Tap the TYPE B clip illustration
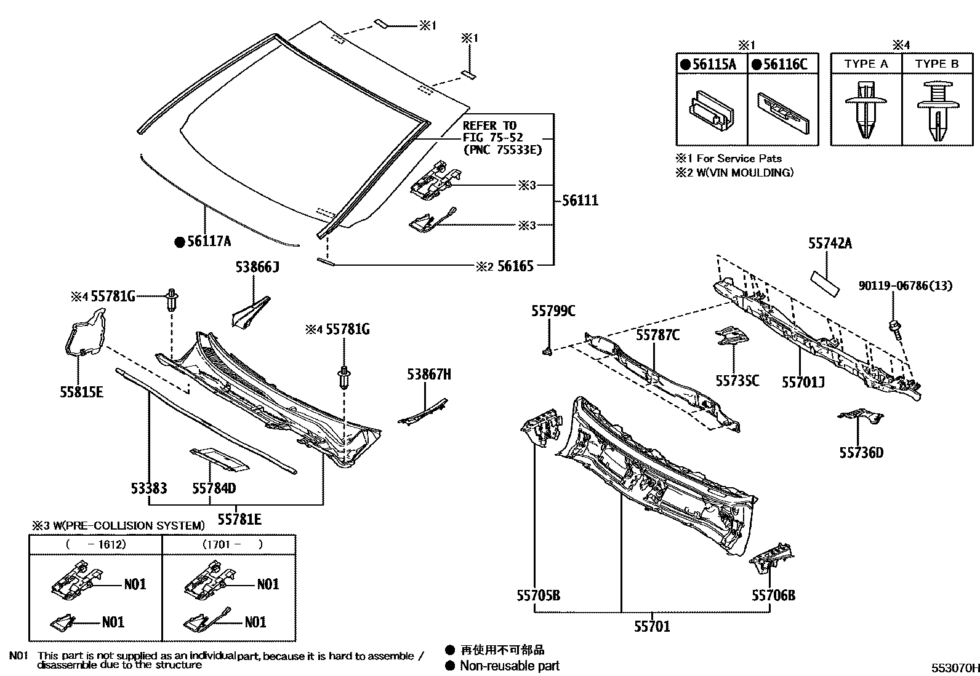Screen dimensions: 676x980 (x=937, y=111)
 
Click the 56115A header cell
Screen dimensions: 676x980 (x=712, y=64)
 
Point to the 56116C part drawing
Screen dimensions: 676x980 (x=782, y=111)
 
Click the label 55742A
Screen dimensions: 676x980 (x=830, y=244)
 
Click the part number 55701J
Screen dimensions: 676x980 (x=803, y=382)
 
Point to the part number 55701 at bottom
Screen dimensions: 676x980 (x=652, y=626)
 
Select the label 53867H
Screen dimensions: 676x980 (x=428, y=374)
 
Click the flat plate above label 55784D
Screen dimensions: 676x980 (x=219, y=459)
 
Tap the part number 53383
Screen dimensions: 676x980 (x=148, y=488)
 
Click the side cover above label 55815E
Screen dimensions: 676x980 (x=85, y=335)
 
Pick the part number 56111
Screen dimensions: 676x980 (x=579, y=201)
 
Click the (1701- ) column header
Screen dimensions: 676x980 (x=229, y=544)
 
